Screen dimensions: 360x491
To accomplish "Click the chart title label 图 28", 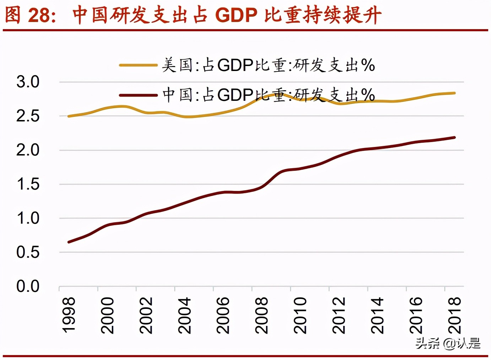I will tap(30, 15).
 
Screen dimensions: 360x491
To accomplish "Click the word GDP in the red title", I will tap(236, 15).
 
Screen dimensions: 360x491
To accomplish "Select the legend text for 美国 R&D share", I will tap(268, 65).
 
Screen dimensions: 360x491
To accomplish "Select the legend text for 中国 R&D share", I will tap(268, 95).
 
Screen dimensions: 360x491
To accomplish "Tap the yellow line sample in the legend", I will tap(138, 65).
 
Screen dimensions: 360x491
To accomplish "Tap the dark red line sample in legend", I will tap(138, 95).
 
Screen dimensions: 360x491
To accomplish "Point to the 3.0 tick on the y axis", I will tap(28, 82).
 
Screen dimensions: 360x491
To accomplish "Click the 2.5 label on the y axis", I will tap(28, 116).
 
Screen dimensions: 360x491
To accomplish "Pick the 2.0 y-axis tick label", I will tap(28, 150).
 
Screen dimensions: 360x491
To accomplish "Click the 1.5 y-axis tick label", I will tap(28, 184).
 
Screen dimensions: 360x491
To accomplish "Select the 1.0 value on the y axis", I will tap(28, 218).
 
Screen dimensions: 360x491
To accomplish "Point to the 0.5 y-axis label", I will tap(28, 252).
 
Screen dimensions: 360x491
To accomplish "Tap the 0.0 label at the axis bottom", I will tap(28, 286).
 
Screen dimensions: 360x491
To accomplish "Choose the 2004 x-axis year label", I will tap(184, 315).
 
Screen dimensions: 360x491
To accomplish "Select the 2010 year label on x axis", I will tap(300, 315).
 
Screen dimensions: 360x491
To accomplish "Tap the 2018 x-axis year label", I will tap(454, 315).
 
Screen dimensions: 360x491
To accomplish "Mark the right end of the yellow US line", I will tap(454, 93).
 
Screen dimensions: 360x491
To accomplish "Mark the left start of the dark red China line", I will tap(69, 242).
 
